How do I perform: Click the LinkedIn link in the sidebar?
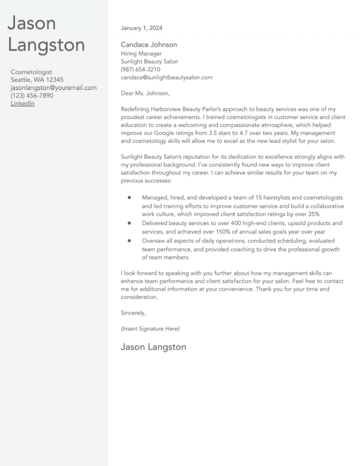[22, 104]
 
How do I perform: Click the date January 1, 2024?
[142, 28]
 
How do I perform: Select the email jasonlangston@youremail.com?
[53, 88]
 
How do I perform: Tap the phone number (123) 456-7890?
[32, 96]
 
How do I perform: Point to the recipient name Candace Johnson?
[149, 45]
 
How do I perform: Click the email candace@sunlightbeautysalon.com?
[166, 77]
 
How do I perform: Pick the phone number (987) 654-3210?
[141, 69]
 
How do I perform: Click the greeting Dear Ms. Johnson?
[145, 93]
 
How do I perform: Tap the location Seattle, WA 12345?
[37, 80]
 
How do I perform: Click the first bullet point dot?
[128, 198]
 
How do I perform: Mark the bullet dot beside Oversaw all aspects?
[128, 241]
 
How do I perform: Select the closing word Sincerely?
[134, 313]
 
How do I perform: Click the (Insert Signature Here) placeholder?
[150, 329]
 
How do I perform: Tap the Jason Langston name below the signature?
[153, 347]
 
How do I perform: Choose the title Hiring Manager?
[141, 53]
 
